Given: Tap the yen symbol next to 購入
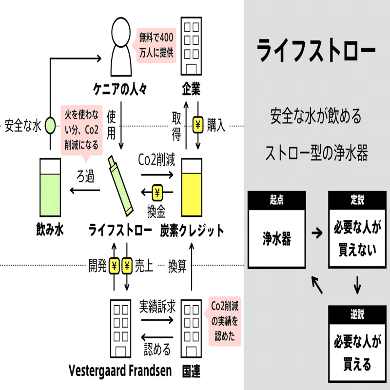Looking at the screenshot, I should (x=198, y=125).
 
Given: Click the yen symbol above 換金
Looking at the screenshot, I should (x=157, y=193).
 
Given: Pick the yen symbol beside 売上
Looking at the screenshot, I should (x=127, y=266).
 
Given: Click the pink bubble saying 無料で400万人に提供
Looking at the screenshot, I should (x=156, y=45).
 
